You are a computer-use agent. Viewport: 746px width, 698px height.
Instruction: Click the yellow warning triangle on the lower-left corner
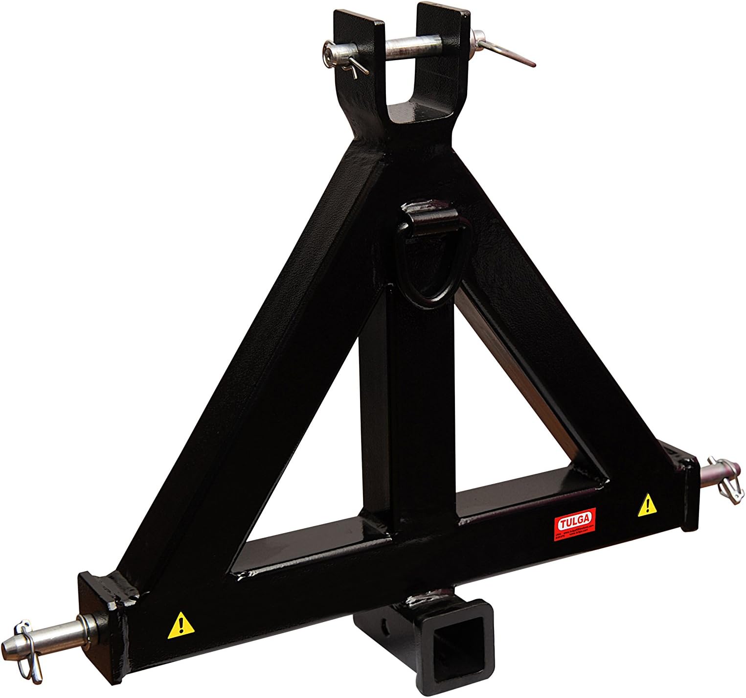pos(180,626)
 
